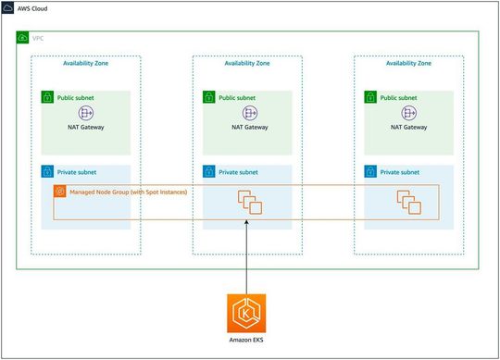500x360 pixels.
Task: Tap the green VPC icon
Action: (23, 38)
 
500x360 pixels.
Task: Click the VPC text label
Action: (38, 38)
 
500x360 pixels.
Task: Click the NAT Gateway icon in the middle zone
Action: (247, 113)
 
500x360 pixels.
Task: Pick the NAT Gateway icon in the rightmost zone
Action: (408, 113)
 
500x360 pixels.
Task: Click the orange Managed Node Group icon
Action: (60, 192)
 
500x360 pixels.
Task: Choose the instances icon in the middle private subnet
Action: (247, 201)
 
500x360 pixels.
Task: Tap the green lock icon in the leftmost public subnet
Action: (48, 97)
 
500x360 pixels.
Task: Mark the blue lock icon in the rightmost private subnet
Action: (370, 172)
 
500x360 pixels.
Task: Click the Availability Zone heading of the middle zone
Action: (247, 64)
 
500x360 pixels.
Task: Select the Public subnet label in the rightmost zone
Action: (403, 97)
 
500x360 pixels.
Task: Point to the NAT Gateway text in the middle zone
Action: (247, 127)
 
